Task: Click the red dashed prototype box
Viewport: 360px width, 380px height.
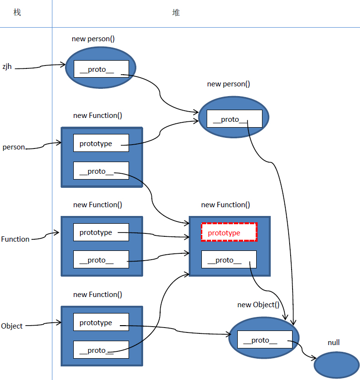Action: [x=229, y=232]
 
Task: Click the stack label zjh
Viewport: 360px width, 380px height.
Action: [x=7, y=67]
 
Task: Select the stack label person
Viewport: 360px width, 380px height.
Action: [x=14, y=147]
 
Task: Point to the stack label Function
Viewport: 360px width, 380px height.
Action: [x=15, y=239]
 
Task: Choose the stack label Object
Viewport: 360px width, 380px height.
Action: [x=12, y=326]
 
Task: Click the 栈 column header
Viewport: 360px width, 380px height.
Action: [x=17, y=13]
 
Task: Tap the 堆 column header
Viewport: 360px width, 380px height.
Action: [x=176, y=13]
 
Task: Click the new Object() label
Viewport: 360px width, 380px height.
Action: [x=258, y=305]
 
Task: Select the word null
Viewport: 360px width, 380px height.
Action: [x=333, y=343]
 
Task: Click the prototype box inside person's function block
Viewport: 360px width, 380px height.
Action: [x=101, y=143]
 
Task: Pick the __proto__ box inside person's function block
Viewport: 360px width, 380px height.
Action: [x=101, y=171]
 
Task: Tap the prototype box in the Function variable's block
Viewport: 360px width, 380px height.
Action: [x=101, y=232]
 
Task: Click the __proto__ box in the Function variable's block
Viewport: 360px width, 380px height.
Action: [x=101, y=260]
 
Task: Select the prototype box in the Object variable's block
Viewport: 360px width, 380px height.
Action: [x=101, y=323]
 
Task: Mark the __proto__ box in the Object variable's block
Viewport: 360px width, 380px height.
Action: [x=101, y=350]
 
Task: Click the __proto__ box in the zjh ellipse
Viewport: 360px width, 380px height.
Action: [x=101, y=69]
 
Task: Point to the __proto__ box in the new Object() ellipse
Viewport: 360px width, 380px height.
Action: [x=264, y=340]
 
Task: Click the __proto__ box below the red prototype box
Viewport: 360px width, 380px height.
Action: [x=229, y=260]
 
